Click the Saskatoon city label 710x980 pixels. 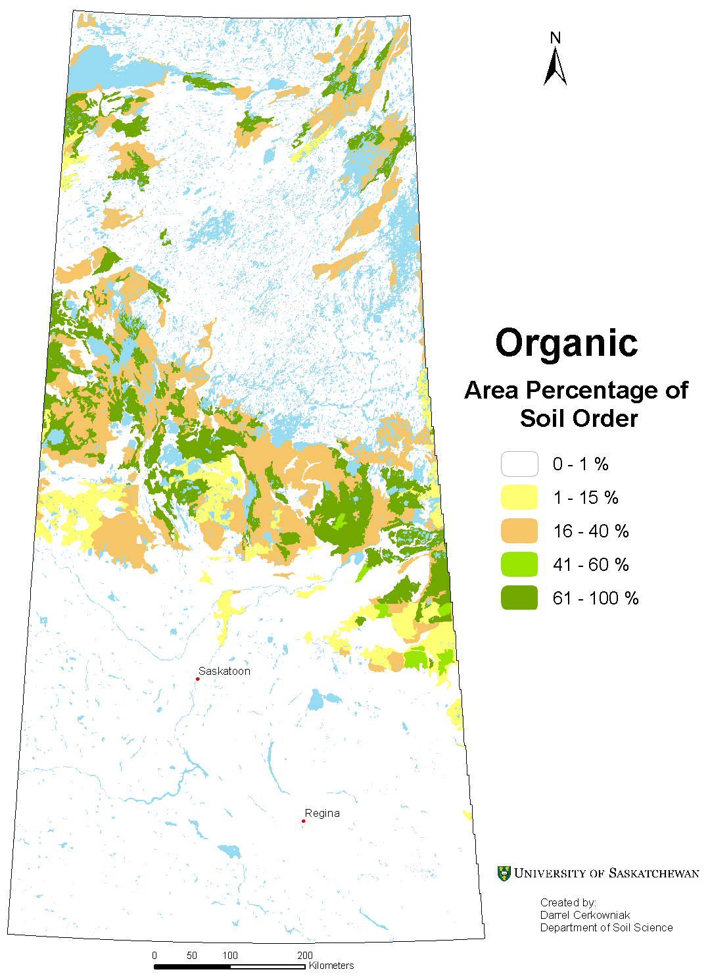[x=224, y=671]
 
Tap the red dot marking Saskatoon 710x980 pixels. [x=197, y=679]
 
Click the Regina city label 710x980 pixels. [x=322, y=813]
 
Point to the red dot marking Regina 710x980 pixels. [x=303, y=821]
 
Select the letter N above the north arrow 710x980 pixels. [x=556, y=38]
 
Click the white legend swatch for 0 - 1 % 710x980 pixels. [x=519, y=464]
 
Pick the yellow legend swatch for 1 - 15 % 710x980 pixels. [x=519, y=498]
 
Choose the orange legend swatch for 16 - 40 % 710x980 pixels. [x=519, y=531]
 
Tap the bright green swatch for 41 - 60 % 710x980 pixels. [x=519, y=565]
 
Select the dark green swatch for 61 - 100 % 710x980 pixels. [x=519, y=599]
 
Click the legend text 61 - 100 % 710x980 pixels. [x=596, y=599]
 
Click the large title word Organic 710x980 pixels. [x=566, y=343]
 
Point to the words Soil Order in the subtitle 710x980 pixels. [x=579, y=418]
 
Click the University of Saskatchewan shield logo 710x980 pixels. [x=504, y=873]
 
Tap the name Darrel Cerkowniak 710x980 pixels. [x=584, y=915]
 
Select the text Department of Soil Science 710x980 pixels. [x=606, y=927]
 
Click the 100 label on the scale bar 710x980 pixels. [x=229, y=956]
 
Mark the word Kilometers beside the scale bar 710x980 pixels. [x=331, y=966]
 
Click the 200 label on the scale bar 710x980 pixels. [x=304, y=956]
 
